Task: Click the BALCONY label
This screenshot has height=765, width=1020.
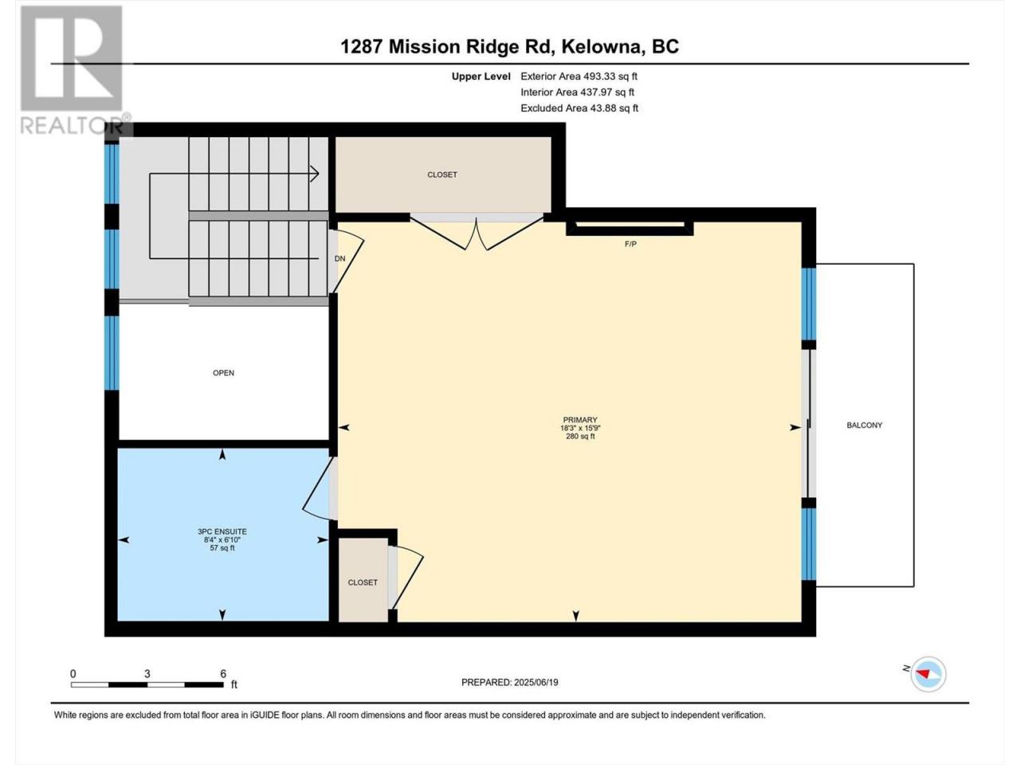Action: coord(864,425)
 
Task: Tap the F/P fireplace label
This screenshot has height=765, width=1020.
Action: coord(630,244)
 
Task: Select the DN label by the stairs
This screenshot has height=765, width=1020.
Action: coord(339,259)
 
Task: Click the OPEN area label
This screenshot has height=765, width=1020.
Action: coord(223,373)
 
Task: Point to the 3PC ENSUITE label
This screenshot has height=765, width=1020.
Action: coord(222,532)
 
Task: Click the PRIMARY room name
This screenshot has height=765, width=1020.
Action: coord(580,420)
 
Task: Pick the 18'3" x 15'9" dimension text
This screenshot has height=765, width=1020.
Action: coord(580,428)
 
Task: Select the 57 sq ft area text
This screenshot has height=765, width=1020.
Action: coord(222,548)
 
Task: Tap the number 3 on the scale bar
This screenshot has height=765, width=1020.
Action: coord(147,674)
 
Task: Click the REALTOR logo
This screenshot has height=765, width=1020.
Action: coord(73,69)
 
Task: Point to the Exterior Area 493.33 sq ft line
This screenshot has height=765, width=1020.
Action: coord(579,76)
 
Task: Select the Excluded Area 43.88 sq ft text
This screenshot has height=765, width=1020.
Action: coord(579,108)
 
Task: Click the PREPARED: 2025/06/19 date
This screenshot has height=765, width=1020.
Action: coord(510,682)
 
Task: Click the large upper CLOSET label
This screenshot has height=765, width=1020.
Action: coord(442,175)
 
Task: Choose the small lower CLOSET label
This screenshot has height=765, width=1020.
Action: coord(363,583)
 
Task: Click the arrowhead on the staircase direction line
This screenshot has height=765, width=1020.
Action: coord(316,175)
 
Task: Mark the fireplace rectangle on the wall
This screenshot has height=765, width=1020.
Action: coord(630,228)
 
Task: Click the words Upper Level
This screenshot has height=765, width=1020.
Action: coord(481,76)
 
